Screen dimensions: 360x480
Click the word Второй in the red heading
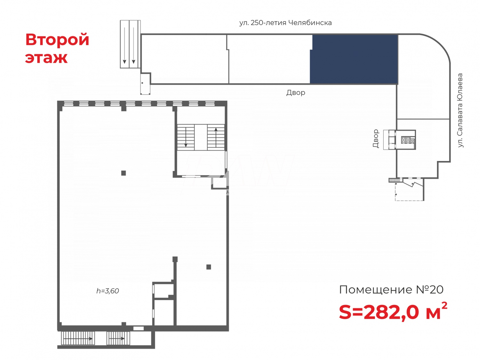pyautogui.click(x=57, y=40)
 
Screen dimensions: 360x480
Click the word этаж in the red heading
pyautogui.click(x=46, y=58)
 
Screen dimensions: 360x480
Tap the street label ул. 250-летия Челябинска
pyautogui.click(x=285, y=23)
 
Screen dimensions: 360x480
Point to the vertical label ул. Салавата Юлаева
pyautogui.click(x=460, y=110)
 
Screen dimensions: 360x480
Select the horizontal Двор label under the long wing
pyautogui.click(x=296, y=92)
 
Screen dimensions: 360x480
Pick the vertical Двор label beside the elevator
pyautogui.click(x=376, y=138)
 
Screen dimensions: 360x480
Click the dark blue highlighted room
pyautogui.click(x=354, y=59)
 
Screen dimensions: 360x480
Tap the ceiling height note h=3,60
pyautogui.click(x=108, y=291)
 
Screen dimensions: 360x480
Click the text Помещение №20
pyautogui.click(x=391, y=290)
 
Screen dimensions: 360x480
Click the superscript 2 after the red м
pyautogui.click(x=444, y=306)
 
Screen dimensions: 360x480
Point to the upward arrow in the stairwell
pyautogui.click(x=216, y=136)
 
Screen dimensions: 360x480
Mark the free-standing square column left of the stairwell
pyautogui.click(x=124, y=173)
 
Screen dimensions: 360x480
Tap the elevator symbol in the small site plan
pyautogui.click(x=408, y=140)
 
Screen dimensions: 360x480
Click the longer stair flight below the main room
pyautogui.click(x=78, y=338)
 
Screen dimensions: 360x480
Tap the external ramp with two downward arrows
pyautogui.click(x=130, y=44)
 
